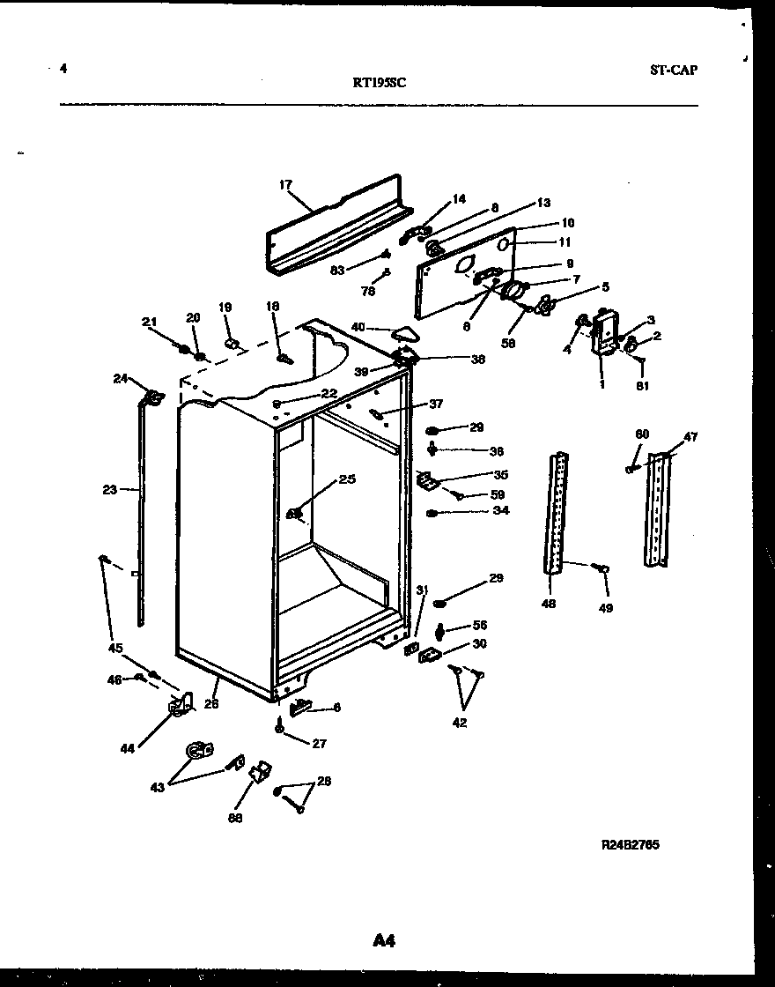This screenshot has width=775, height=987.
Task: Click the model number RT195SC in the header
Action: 379,83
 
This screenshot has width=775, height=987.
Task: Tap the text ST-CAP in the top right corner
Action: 673,70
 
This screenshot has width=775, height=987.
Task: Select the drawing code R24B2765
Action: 630,845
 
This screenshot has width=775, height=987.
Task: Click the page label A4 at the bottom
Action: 383,941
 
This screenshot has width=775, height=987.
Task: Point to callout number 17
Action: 285,185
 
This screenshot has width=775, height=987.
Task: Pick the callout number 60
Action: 642,434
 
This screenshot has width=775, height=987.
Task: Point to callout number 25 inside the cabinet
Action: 346,479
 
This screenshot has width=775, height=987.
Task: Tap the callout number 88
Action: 234,818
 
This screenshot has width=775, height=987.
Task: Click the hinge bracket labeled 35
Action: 427,481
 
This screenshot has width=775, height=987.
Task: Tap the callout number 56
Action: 479,625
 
